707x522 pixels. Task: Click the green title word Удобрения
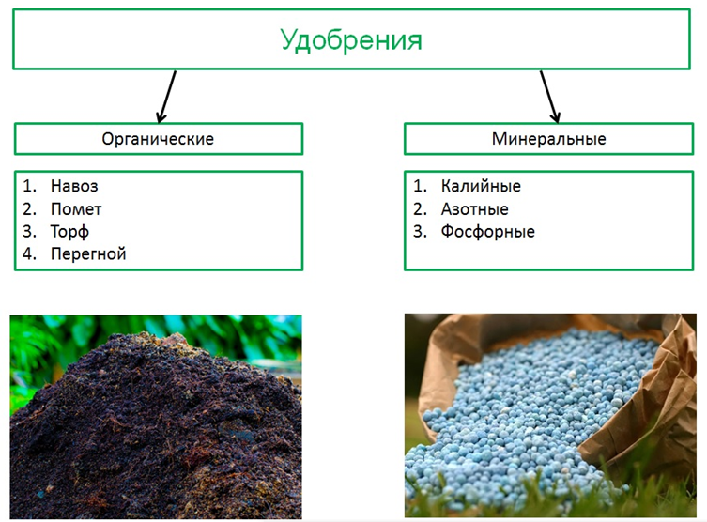[x=351, y=40]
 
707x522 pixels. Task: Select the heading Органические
[x=158, y=139]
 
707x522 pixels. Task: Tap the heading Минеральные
[x=548, y=139]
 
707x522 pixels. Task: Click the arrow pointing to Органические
[x=167, y=97]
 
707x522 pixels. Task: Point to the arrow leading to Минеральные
[x=550, y=97]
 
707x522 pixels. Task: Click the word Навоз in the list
[x=74, y=186]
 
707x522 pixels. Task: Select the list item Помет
[x=76, y=209]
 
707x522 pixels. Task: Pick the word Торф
[x=69, y=232]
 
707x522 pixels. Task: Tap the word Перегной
[x=88, y=254]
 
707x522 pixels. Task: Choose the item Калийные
[x=481, y=186]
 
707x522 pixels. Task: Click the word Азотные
[x=475, y=209]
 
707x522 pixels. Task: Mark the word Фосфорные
[x=488, y=232]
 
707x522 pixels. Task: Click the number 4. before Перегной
[x=29, y=253]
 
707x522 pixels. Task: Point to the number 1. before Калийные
[x=420, y=186]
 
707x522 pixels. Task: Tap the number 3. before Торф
[x=29, y=231]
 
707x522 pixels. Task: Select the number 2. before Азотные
[x=420, y=209]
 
